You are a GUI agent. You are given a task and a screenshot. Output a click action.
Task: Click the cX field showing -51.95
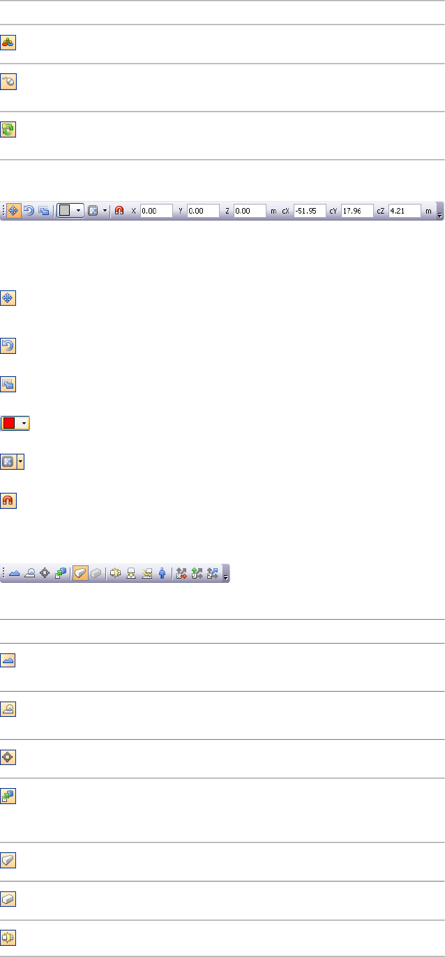point(309,210)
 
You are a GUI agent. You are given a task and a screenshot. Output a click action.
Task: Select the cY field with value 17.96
point(356,210)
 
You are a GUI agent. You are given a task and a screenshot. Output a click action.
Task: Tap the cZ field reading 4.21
point(405,210)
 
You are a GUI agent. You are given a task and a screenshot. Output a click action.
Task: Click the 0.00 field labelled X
point(156,210)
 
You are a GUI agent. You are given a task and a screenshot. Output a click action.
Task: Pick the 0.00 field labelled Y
point(203,210)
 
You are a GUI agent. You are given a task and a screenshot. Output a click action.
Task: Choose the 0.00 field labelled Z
point(250,210)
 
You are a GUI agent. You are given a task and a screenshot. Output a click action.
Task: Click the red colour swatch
point(9,423)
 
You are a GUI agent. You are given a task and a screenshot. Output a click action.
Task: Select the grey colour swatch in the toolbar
point(65,210)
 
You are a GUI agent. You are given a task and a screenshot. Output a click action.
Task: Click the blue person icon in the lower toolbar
point(162,573)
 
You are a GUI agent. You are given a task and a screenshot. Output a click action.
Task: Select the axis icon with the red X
point(181,573)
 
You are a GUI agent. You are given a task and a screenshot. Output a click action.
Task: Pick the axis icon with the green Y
point(197,573)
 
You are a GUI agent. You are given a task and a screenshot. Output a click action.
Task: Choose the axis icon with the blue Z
point(212,573)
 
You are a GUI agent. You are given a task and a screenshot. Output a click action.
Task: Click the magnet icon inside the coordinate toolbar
point(119,210)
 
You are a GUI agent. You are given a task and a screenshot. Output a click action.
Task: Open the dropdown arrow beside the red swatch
point(24,423)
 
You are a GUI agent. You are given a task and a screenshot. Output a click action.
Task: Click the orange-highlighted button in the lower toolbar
point(80,573)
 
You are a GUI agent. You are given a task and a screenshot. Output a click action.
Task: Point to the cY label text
point(333,210)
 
